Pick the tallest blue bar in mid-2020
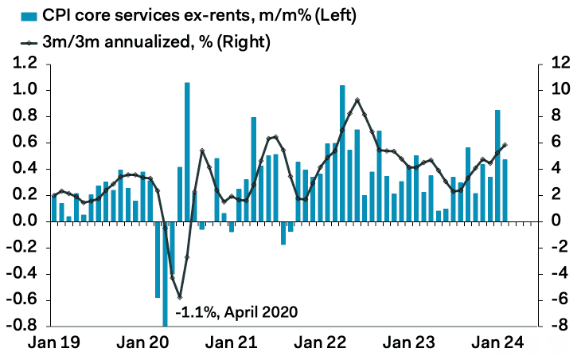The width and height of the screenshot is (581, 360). click(187, 151)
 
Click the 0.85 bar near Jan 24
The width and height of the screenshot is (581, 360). click(497, 165)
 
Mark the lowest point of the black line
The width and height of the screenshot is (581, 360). click(180, 296)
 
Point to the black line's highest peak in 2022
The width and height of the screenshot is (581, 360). click(357, 100)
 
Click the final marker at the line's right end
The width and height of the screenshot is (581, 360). click(505, 145)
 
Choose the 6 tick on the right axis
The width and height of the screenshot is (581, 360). click(553, 143)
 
